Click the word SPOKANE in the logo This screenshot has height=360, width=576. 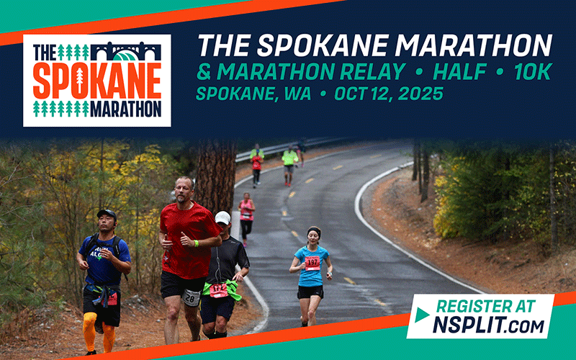[x=96, y=81]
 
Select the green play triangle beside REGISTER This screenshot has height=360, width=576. [x=423, y=315]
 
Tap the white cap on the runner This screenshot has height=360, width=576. [x=223, y=217]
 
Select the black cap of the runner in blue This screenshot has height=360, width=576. [x=107, y=213]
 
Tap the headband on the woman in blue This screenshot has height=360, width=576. [x=313, y=230]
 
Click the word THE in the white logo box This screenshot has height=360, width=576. [x=45, y=52]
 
